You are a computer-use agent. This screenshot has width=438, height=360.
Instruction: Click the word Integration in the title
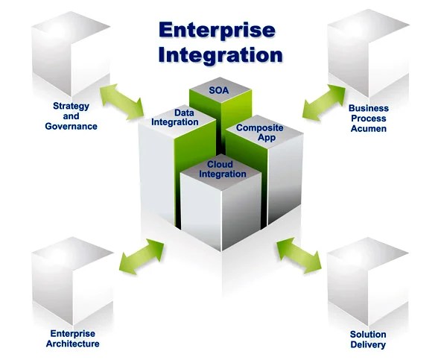click(222, 55)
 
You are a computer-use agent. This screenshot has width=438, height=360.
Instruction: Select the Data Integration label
click(174, 117)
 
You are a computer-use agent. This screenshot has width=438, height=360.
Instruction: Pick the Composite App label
click(258, 133)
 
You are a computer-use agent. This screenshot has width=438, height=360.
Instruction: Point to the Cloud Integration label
click(222, 169)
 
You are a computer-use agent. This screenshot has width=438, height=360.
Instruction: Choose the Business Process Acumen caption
click(368, 119)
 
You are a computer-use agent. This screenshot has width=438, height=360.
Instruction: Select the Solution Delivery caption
click(368, 340)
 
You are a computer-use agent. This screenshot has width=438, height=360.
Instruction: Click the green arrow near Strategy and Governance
click(122, 101)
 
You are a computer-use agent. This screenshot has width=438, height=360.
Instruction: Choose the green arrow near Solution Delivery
click(298, 254)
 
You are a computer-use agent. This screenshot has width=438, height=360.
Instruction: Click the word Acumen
click(368, 128)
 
